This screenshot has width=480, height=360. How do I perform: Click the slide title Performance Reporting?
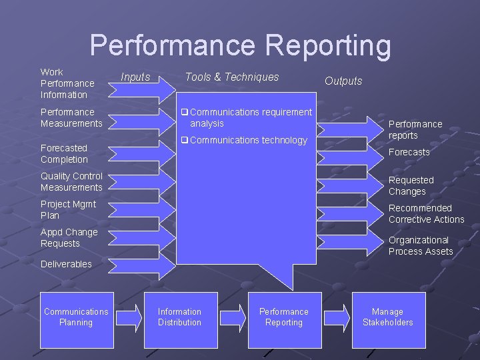240,45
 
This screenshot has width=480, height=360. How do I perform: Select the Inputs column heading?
135,77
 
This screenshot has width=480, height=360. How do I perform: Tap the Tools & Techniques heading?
232,77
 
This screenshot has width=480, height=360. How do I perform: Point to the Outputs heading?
343,81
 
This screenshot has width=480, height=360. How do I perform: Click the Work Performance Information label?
67,83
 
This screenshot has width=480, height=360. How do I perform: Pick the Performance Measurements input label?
71,117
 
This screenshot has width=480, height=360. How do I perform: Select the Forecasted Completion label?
64,153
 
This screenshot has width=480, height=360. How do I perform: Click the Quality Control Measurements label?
71,181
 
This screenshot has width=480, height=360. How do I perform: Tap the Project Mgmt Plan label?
68,209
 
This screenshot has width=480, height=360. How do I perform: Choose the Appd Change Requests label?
69,237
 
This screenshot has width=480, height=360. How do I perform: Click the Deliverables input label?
66,264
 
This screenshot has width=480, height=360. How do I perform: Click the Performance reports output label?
415,129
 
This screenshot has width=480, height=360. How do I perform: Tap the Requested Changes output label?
411,185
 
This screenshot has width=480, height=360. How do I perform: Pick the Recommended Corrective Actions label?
426,213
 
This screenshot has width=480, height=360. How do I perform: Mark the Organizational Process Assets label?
421,245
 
